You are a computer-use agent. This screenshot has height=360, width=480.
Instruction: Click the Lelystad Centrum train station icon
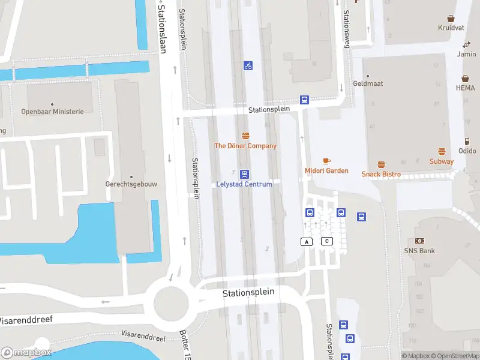(245, 174)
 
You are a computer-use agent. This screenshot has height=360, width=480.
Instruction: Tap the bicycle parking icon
(248, 65)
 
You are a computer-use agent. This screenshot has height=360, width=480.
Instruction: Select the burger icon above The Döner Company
(245, 136)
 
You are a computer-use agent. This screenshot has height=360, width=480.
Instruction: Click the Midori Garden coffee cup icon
(326, 161)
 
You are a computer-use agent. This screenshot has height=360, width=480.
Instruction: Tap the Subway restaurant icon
(442, 152)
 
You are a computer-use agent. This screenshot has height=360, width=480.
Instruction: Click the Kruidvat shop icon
(451, 19)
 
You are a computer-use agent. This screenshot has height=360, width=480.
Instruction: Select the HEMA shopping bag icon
(465, 79)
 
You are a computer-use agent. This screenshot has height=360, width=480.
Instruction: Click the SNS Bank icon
(420, 241)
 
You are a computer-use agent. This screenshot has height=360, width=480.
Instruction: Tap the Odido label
(467, 151)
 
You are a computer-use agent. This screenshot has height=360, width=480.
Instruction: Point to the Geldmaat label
(368, 84)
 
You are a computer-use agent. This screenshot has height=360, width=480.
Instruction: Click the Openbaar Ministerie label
(53, 112)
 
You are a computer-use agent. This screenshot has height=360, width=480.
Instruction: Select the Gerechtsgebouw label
(131, 184)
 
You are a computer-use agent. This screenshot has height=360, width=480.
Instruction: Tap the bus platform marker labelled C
(327, 241)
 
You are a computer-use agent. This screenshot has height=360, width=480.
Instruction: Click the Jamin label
(466, 54)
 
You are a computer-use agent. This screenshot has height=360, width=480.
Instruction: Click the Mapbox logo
(26, 353)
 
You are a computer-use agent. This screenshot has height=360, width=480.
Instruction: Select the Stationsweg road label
(346, 29)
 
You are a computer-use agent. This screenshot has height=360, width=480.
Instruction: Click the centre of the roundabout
(171, 299)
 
